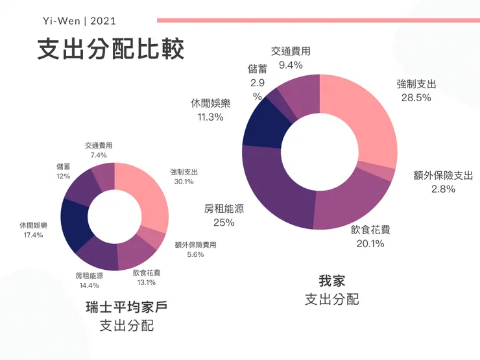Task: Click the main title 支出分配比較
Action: (110, 50)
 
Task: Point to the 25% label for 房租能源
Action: (224, 222)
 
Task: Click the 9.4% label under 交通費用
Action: (291, 65)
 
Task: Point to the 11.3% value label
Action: (210, 117)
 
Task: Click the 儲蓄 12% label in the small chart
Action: (63, 171)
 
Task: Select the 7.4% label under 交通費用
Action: (99, 156)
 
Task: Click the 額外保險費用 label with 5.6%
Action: (195, 250)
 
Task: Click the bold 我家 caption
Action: (331, 282)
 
